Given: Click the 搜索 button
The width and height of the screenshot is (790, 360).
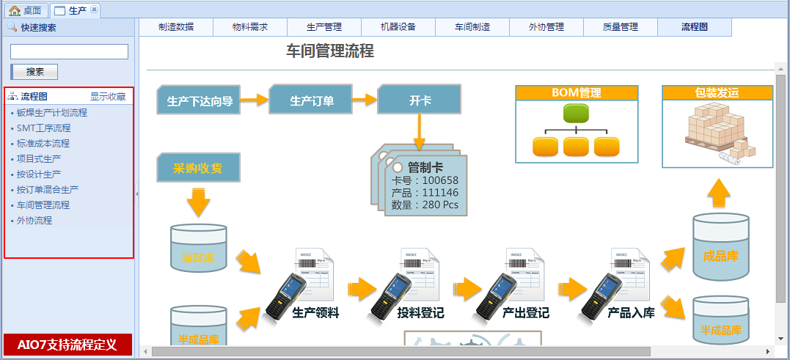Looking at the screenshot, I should click(34, 72).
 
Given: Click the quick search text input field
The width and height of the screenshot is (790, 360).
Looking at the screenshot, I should click(69, 51).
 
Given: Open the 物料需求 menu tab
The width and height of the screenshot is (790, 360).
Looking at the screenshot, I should click(249, 27).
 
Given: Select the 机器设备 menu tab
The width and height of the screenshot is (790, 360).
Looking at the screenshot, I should click(398, 27).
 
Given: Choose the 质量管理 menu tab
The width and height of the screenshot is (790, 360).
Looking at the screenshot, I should click(620, 27).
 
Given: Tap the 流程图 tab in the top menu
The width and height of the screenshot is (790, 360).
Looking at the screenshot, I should click(695, 27).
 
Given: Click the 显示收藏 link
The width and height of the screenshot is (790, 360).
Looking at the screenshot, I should click(108, 97).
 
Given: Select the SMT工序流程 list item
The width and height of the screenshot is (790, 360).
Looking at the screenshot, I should click(43, 128).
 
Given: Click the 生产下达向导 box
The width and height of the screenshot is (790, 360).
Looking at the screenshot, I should click(200, 100).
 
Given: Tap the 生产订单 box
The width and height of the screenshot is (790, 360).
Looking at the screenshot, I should click(312, 100).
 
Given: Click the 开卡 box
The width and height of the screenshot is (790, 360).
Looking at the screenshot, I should click(420, 100).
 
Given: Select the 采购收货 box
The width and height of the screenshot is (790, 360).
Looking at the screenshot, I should click(199, 168).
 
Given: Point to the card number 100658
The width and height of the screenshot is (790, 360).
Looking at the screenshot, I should click(440, 180).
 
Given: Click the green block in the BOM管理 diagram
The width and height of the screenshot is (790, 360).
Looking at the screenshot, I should click(576, 113).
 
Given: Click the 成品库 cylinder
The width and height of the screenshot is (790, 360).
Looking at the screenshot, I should click(720, 254).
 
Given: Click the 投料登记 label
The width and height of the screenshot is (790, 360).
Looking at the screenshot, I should click(420, 313).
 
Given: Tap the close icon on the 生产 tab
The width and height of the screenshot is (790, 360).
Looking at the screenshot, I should click(94, 10).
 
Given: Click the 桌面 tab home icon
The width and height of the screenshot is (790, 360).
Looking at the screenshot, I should click(15, 10).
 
